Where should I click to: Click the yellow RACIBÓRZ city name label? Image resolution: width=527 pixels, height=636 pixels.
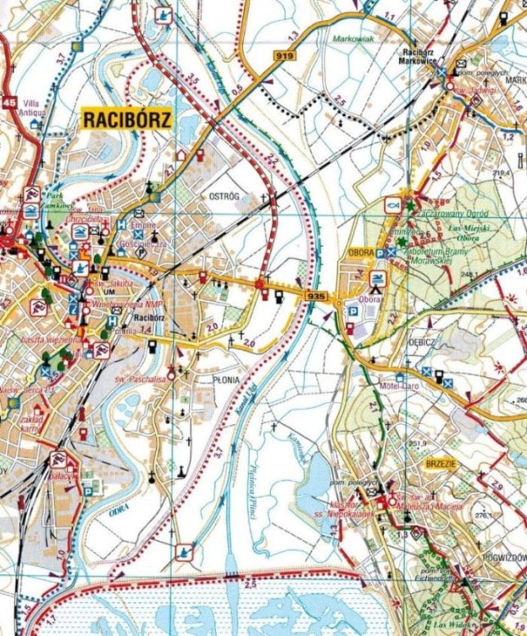click(x=126, y=119)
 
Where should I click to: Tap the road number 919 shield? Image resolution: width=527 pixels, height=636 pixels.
click(x=284, y=55)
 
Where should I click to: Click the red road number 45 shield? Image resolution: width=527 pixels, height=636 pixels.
click(x=8, y=103)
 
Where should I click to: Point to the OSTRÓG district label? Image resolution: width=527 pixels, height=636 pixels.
click(x=225, y=196)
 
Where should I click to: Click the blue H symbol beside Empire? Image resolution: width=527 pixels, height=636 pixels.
click(x=121, y=225)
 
